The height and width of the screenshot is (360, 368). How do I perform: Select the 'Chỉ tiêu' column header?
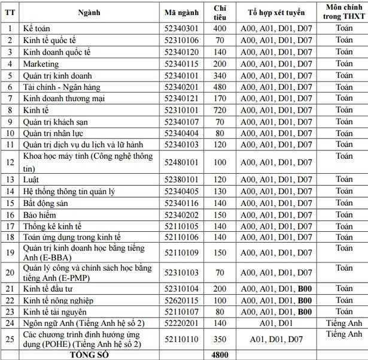tap(220, 12)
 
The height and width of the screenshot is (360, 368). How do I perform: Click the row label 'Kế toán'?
tap(37, 28)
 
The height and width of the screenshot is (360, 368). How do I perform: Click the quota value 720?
tap(220, 110)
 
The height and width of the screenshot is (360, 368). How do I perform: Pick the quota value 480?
tap(220, 87)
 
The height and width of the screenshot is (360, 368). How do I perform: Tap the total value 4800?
tap(220, 354)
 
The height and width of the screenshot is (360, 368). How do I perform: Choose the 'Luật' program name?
tap(32, 180)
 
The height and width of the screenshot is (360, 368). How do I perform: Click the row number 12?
tap(10, 162)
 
